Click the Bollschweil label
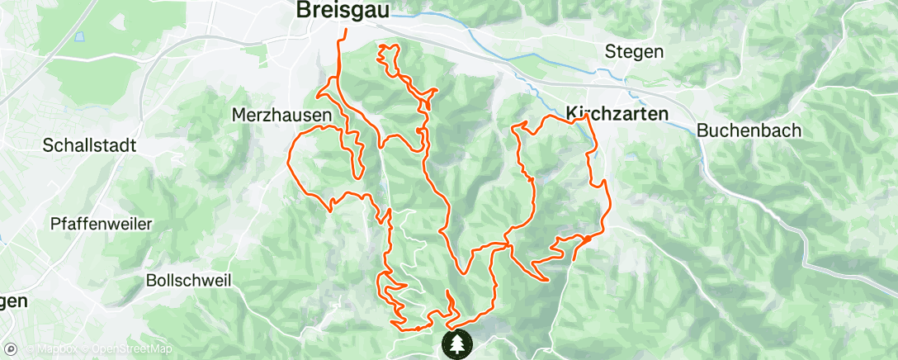coord(187,280)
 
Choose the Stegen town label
coord(634,51)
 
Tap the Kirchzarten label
coord(617,114)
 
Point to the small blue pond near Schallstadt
coord(79,36)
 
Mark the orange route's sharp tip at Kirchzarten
coord(585,116)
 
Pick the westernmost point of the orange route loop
coord(287,162)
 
